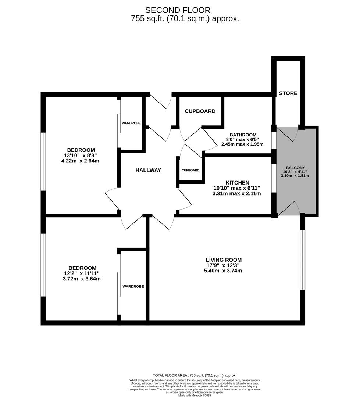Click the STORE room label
[x=288, y=93]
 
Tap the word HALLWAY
[x=148, y=170]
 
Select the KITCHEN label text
[x=237, y=183]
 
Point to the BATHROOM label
[x=243, y=135]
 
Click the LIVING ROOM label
[x=224, y=260]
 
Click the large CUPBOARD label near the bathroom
[x=200, y=111]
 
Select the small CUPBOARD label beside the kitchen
[x=190, y=170]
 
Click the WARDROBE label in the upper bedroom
[x=131, y=123]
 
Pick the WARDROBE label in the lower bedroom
[x=133, y=286]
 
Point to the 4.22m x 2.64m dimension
[x=80, y=161]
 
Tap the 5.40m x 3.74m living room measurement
[x=224, y=271]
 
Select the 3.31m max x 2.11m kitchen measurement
[x=237, y=193]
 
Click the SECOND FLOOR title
[x=178, y=10]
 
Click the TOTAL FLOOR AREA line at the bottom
[x=195, y=375]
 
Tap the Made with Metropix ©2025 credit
[x=195, y=396]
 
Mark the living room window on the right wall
[x=302, y=260]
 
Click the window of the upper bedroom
[x=43, y=161]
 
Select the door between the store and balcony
[x=291, y=134]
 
